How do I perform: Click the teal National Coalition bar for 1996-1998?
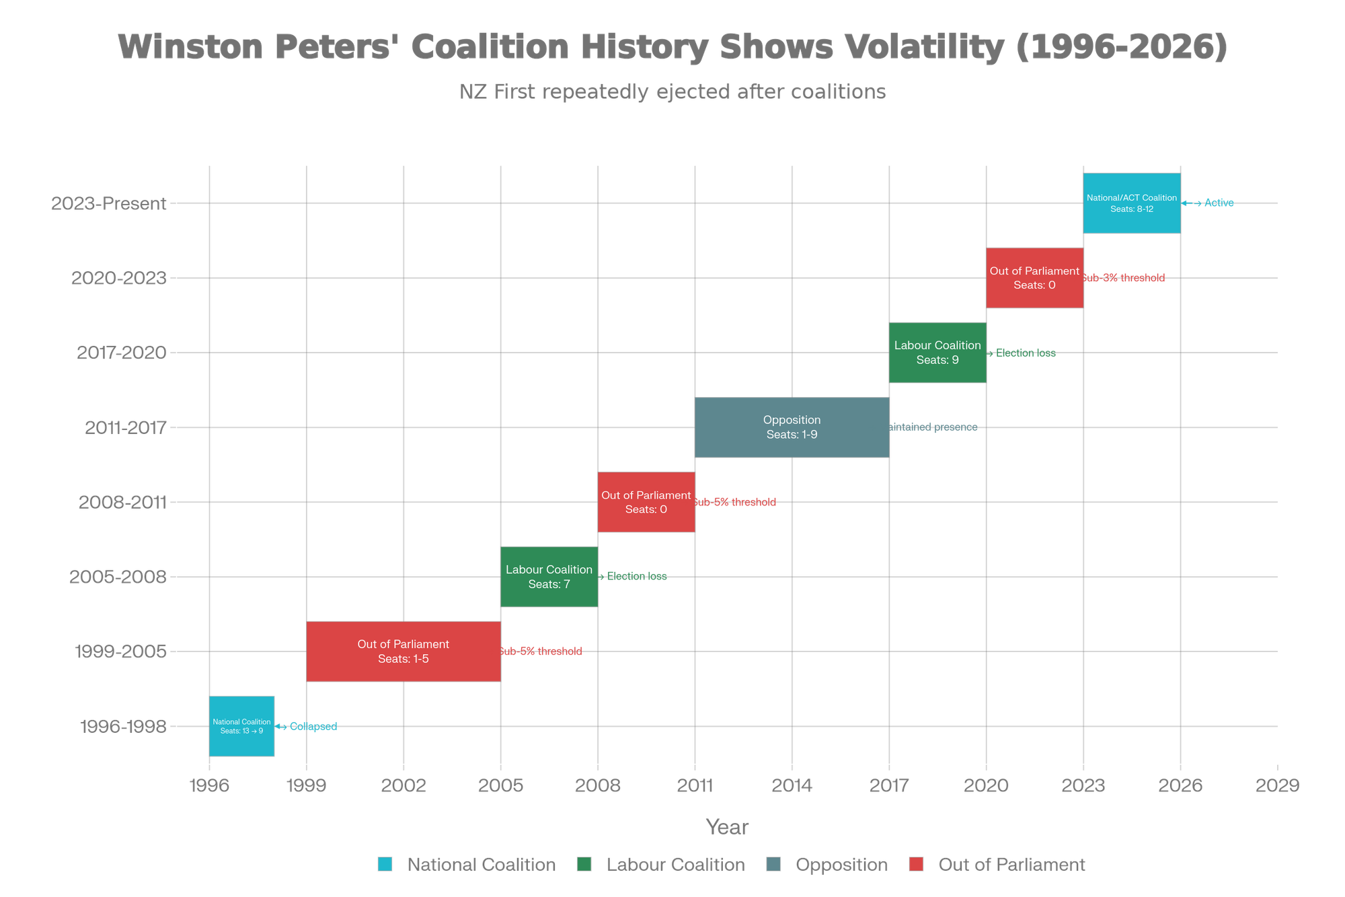(x=242, y=726)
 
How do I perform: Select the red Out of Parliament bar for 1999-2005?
(x=403, y=651)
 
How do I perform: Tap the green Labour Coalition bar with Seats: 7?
(x=549, y=576)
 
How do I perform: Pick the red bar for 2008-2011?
(x=646, y=502)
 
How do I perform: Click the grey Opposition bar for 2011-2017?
(x=792, y=427)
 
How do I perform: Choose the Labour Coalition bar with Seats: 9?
(x=937, y=353)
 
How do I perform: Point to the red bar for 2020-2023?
(x=1034, y=277)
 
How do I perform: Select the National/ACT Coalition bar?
(x=1132, y=203)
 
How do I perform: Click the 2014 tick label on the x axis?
(x=792, y=785)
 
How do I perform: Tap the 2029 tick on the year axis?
(x=1277, y=785)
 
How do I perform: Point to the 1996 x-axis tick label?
(x=209, y=785)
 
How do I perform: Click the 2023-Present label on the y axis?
(x=109, y=203)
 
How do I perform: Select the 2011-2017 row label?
(x=126, y=427)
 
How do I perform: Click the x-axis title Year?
(x=727, y=827)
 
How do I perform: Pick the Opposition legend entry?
(x=841, y=865)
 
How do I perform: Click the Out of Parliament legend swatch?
(x=916, y=865)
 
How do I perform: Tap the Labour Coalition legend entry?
(x=675, y=865)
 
